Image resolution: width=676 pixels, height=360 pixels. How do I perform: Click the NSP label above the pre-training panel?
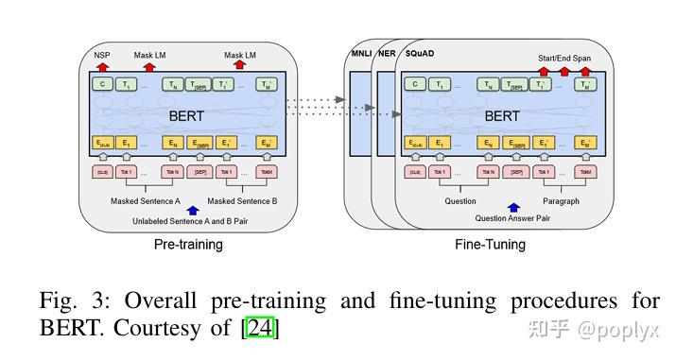click(101, 57)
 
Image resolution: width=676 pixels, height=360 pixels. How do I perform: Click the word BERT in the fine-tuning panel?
click(501, 116)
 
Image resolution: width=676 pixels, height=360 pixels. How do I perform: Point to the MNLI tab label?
click(359, 54)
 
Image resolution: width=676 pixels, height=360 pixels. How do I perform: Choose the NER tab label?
click(386, 54)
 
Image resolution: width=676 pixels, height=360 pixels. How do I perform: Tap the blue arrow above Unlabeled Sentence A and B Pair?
click(193, 210)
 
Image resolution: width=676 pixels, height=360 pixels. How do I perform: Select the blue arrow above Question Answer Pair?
click(513, 207)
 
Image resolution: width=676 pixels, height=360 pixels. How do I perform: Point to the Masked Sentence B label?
click(242, 201)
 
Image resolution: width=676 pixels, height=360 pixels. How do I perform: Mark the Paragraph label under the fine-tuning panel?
click(561, 201)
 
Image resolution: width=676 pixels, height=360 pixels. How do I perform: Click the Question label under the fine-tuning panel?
click(459, 201)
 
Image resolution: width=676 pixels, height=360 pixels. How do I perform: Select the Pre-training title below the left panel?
click(188, 245)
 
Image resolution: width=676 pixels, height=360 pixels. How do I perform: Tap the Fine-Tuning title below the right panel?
click(490, 245)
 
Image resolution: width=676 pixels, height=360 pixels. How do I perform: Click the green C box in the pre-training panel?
click(102, 85)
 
